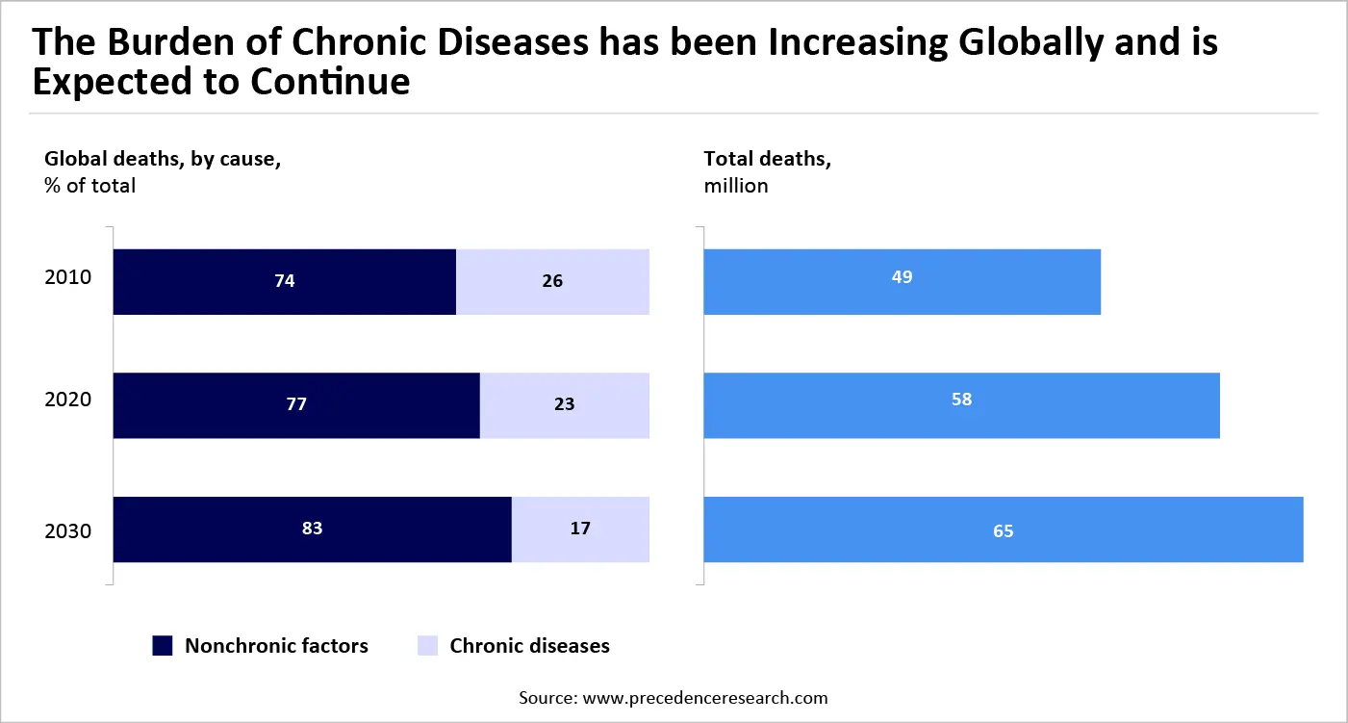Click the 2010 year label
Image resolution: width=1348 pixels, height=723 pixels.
(67, 278)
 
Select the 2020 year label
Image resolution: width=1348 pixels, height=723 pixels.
(67, 400)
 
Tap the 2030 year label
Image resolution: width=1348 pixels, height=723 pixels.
(67, 530)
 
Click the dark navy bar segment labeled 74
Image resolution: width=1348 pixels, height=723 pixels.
(284, 282)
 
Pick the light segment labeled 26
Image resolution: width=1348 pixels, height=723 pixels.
(552, 282)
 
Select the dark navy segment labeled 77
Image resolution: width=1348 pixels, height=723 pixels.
(296, 405)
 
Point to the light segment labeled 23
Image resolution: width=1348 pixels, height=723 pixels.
(564, 405)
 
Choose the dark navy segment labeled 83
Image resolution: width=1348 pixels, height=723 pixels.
(312, 529)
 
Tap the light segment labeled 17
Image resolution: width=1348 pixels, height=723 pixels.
(580, 529)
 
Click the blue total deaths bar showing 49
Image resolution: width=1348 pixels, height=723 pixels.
(902, 282)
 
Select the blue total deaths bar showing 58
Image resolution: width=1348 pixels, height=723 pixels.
(961, 405)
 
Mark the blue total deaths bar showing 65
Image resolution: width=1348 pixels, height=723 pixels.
(1003, 529)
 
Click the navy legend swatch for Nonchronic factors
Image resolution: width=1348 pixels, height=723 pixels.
(163, 646)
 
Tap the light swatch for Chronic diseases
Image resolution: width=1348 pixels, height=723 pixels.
(428, 646)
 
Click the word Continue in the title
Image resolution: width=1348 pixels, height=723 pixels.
(330, 82)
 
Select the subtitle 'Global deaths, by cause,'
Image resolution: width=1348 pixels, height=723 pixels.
(163, 160)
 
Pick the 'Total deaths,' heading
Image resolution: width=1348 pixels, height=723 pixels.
(767, 160)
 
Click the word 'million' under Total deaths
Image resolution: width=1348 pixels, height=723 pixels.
(736, 186)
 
